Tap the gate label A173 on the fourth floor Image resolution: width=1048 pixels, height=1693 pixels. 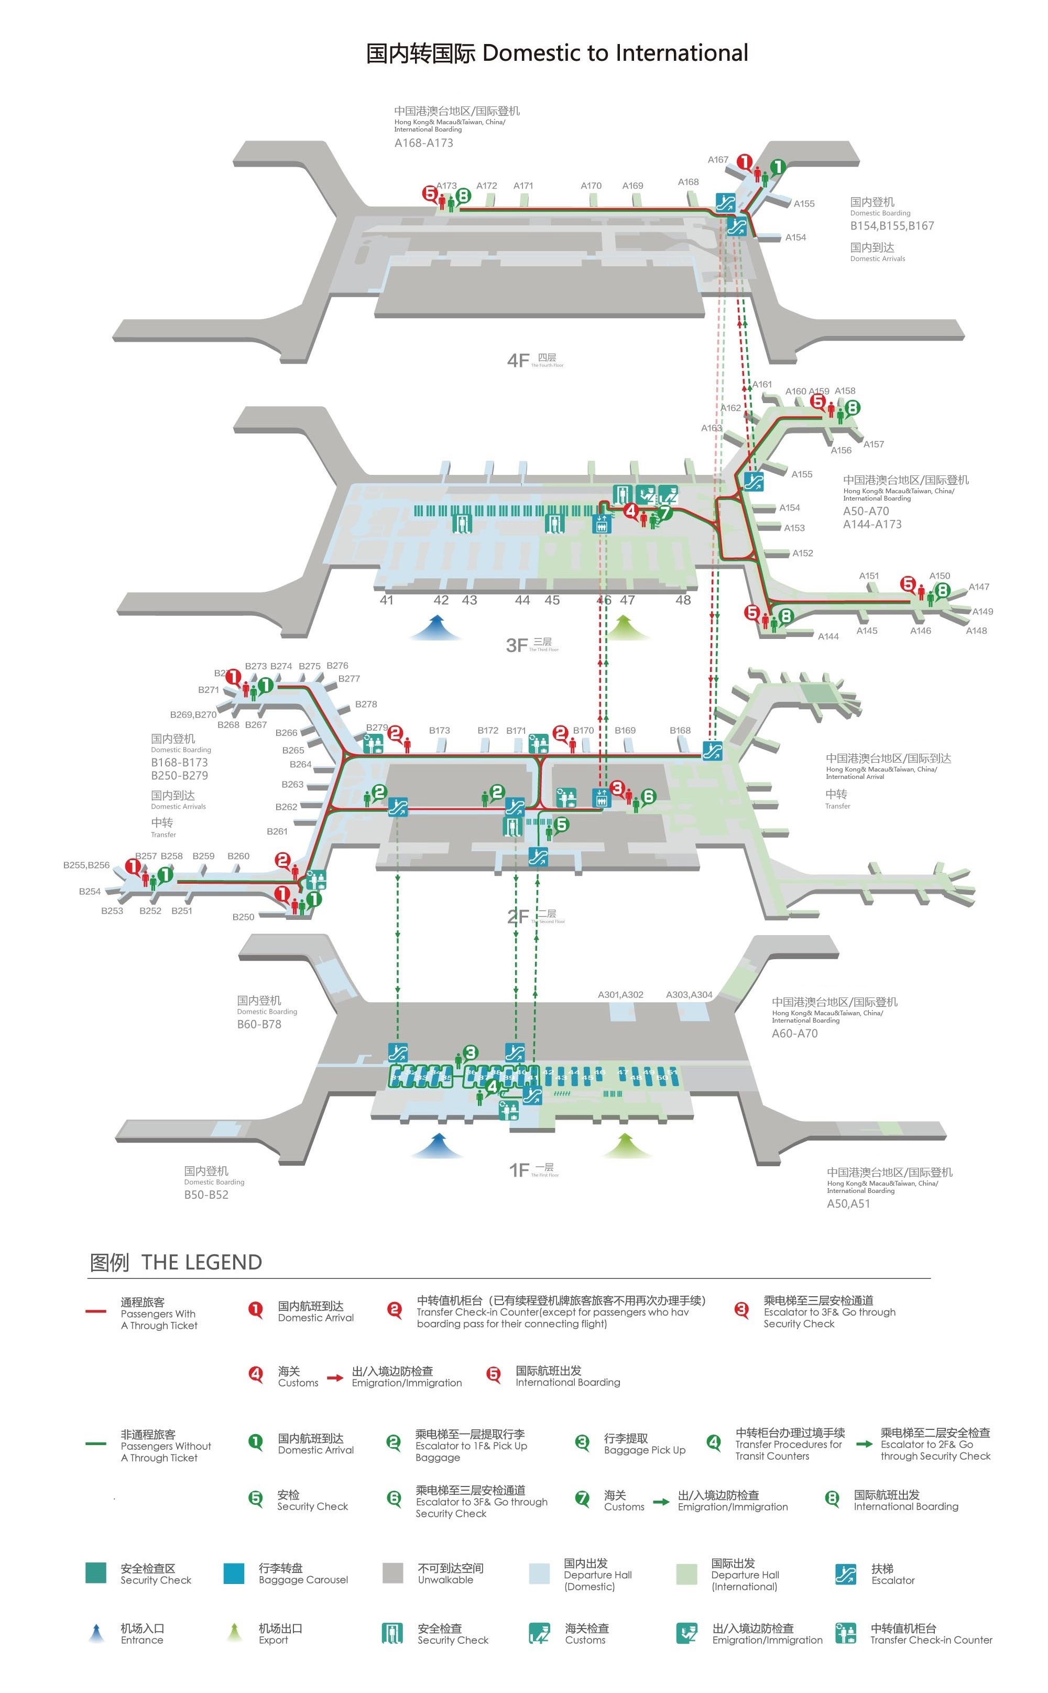pos(446,186)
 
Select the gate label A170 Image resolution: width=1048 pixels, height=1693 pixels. pos(591,186)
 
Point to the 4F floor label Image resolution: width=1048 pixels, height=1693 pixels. pos(518,361)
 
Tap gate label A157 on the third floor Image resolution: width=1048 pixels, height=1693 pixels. pos(874,444)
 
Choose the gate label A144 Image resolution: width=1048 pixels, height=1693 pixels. pos(828,636)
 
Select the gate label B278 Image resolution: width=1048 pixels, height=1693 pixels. pos(366,704)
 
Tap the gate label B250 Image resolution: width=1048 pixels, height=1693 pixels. pos(243,917)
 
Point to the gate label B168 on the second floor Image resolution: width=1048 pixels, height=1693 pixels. pos(680,731)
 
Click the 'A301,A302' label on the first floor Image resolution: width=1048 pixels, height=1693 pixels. pos(620,995)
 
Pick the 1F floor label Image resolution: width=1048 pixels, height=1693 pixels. pos(519,1170)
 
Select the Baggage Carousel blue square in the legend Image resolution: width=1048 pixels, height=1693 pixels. pos(234,1573)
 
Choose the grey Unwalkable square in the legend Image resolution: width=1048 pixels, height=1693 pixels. pos(393,1573)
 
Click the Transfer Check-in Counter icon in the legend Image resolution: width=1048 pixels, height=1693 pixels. pos(846,1633)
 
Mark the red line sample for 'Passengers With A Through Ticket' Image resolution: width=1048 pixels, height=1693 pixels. pos(96,1311)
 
